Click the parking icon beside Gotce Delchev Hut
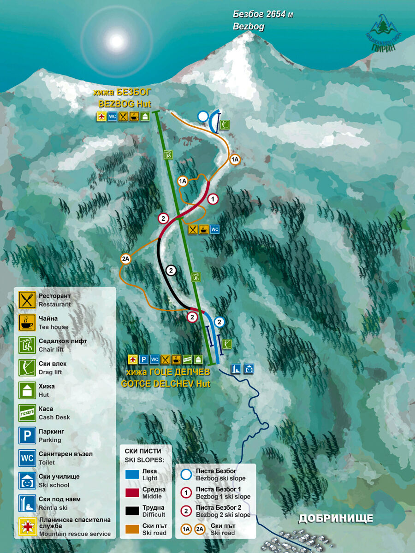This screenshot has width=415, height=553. (x=144, y=359)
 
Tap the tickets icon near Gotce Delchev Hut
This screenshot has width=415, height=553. (x=187, y=359)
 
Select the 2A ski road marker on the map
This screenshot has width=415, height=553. (x=126, y=259)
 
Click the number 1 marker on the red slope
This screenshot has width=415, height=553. (x=213, y=200)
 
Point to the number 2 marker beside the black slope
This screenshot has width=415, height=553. (x=171, y=271)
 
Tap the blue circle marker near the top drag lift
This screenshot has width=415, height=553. (x=203, y=117)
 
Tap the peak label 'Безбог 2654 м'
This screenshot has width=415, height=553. (x=263, y=15)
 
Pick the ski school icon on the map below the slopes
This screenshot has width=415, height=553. (x=249, y=368)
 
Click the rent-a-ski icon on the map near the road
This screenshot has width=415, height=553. (x=236, y=368)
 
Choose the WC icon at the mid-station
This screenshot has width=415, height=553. (x=215, y=229)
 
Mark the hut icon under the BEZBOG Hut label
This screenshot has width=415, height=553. (x=145, y=117)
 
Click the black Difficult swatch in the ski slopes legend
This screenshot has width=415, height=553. (x=132, y=511)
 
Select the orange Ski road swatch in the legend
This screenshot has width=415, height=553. (x=132, y=529)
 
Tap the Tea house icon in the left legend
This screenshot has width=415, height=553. (x=27, y=323)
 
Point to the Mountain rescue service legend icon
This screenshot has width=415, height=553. (x=27, y=526)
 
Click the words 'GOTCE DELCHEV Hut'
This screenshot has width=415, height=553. (x=166, y=383)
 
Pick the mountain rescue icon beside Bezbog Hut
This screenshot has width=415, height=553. (x=101, y=117)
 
